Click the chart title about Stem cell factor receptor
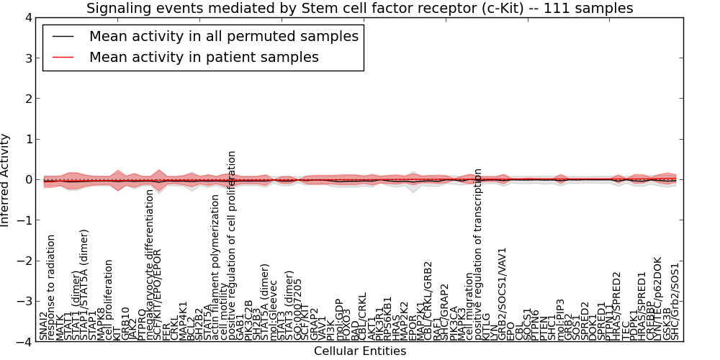point(359,8)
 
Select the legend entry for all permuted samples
point(224,36)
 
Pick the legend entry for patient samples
point(204,57)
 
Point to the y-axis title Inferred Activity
point(6,180)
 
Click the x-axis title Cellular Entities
point(359,351)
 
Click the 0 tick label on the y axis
point(27,180)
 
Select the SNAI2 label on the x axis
point(44,325)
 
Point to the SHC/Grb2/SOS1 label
point(675,301)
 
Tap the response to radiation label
point(52,287)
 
